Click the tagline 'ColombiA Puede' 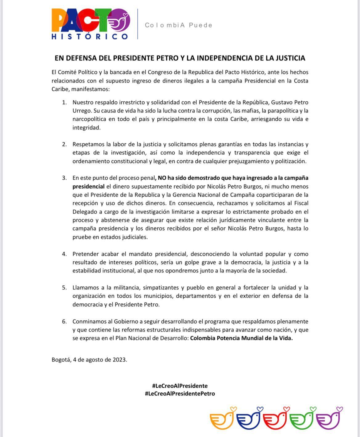point(179,25)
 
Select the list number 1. point(64,102)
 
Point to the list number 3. point(64,178)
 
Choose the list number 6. point(64,321)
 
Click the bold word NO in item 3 point(162,178)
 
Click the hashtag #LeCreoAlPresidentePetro point(180,394)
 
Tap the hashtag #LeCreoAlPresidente point(180,386)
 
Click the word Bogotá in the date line point(61,360)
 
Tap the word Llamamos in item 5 point(85,288)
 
